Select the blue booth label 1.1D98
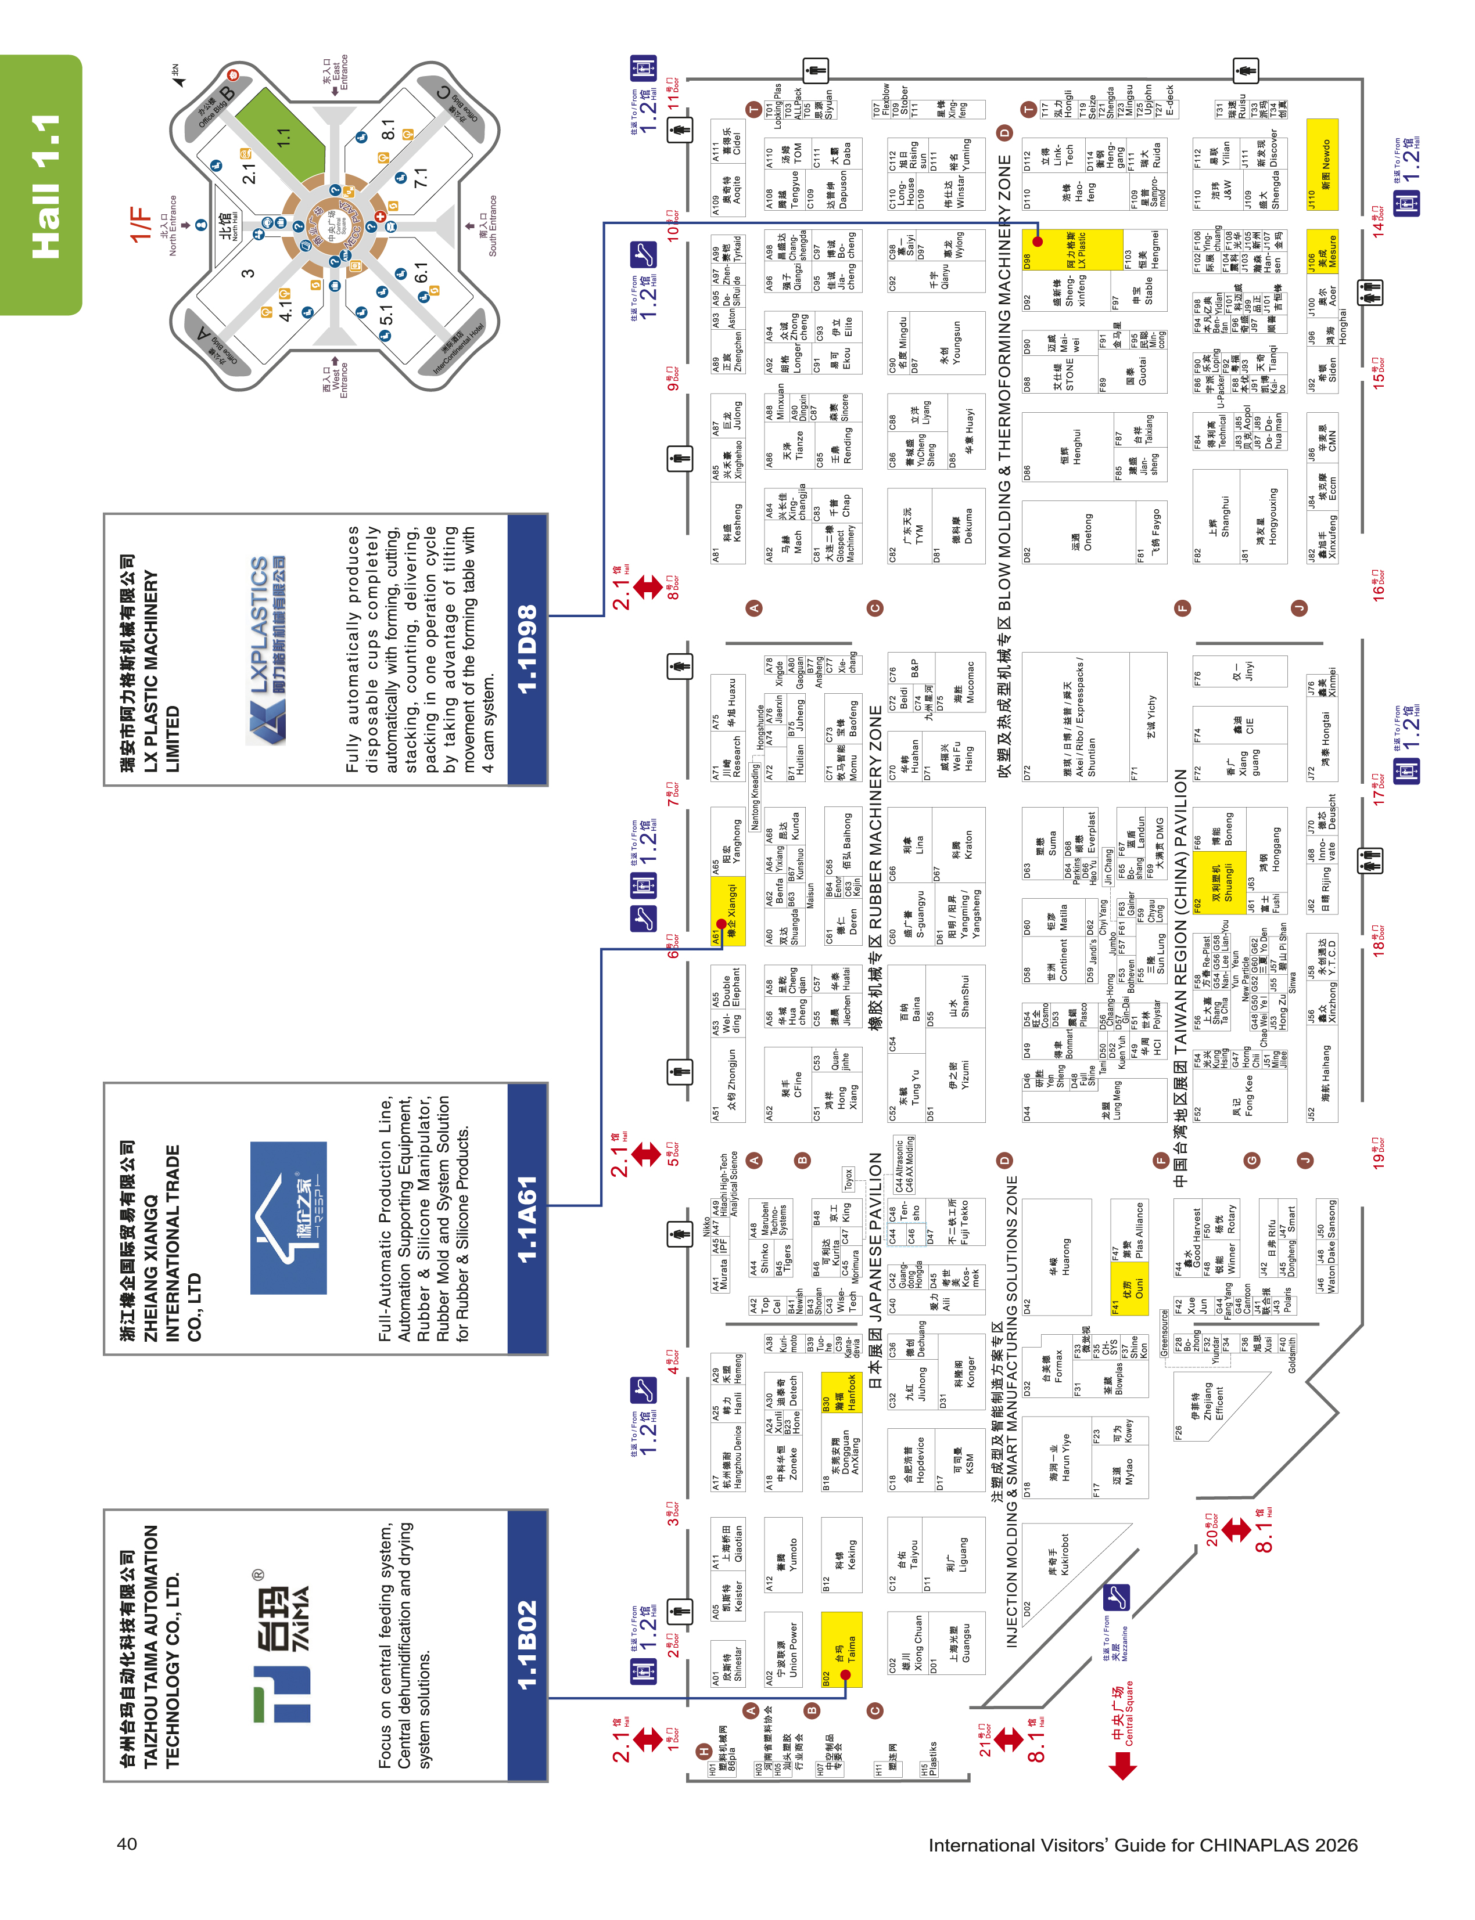click(527, 649)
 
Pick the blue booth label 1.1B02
click(527, 1645)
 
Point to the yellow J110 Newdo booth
click(1322, 165)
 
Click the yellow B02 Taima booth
click(842, 1649)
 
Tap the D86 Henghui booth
click(1067, 448)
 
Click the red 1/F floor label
click(141, 224)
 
